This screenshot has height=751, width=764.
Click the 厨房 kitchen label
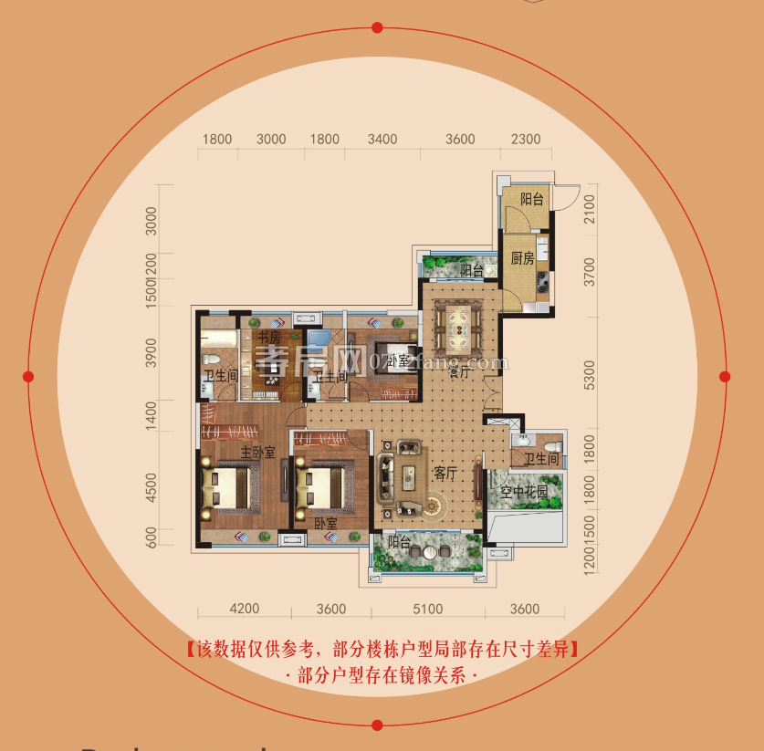point(522,257)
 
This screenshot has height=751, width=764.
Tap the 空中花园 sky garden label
point(523,492)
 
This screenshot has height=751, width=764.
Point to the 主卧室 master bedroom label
point(258,453)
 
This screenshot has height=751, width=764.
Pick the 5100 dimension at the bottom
point(426,610)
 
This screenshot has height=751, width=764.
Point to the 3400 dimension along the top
point(382,140)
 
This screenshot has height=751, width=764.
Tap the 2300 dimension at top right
point(526,140)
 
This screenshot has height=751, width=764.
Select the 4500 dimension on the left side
point(152,486)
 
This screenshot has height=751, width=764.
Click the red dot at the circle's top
point(377,28)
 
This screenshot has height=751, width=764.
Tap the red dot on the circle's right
point(725,376)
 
